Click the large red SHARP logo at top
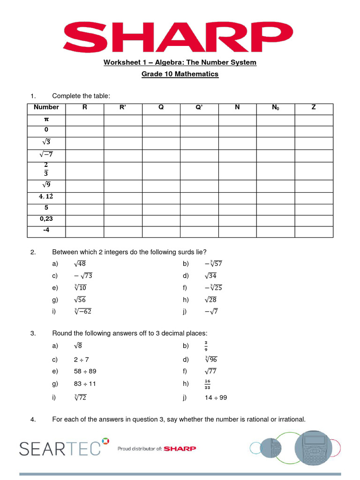point(180,37)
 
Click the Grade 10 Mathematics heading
point(180,74)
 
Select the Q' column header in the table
point(199,108)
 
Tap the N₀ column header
point(275,108)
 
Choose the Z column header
point(314,108)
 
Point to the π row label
point(46,119)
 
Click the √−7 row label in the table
point(46,154)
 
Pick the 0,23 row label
point(46,219)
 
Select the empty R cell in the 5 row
point(85,208)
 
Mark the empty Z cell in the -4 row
point(314,231)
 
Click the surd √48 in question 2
point(80,264)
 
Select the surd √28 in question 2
point(210,300)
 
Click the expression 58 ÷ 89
point(85,372)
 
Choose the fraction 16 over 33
point(207,384)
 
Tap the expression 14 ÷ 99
point(216,398)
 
